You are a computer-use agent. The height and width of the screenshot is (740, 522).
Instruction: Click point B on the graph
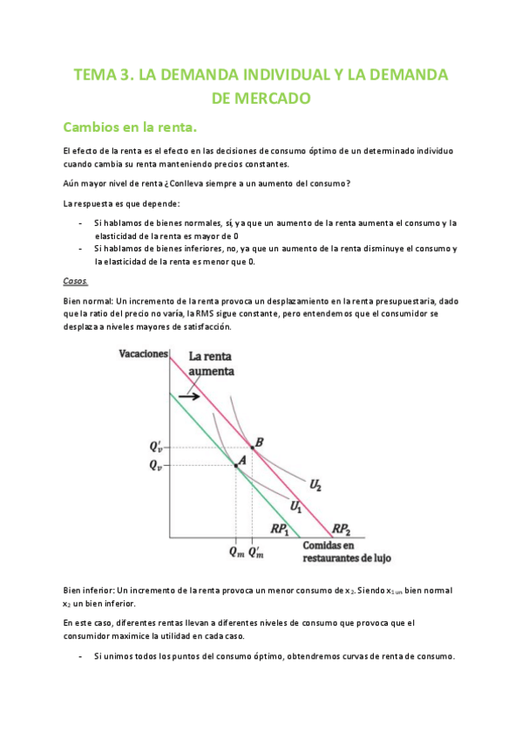click(253, 448)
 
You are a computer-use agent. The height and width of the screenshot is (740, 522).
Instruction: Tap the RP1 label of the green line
click(280, 529)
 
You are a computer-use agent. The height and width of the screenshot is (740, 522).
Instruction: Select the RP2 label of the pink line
click(342, 529)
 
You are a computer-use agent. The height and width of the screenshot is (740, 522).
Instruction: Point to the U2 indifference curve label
click(316, 483)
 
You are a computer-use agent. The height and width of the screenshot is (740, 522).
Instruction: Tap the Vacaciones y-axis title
click(142, 354)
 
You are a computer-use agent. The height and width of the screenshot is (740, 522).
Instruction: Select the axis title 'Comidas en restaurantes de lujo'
click(336, 551)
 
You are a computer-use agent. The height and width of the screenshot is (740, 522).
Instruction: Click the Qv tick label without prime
click(155, 466)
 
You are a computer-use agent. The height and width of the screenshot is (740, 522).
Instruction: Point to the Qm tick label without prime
click(236, 552)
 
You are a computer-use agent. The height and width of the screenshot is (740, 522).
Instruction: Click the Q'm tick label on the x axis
click(257, 551)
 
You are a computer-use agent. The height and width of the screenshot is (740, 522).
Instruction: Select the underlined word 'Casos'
click(75, 281)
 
